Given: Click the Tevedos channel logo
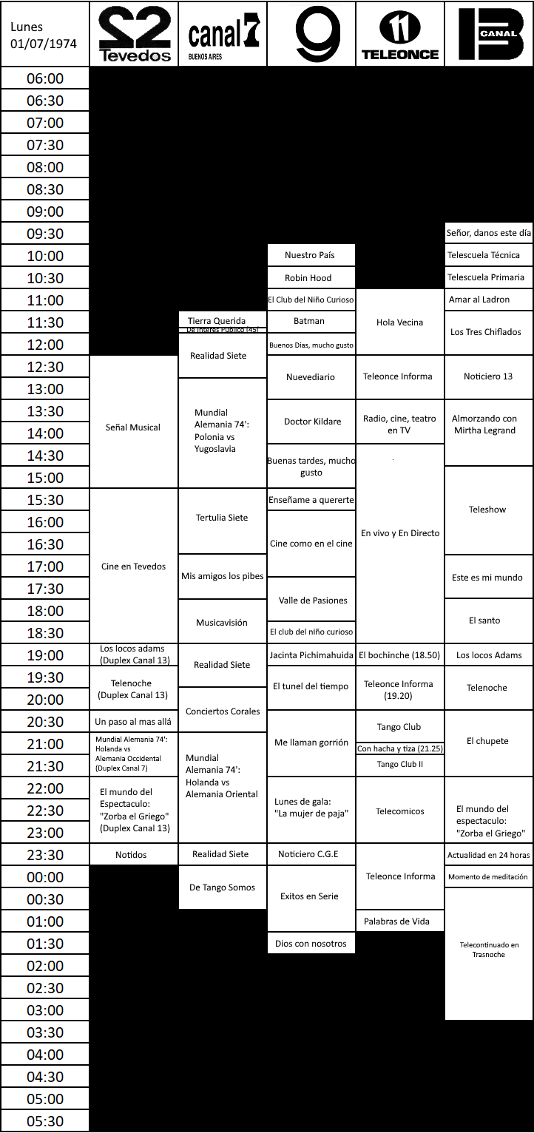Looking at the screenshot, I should tap(134, 34).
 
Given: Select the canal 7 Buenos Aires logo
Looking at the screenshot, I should tap(223, 34).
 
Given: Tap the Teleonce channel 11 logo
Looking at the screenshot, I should tap(400, 34).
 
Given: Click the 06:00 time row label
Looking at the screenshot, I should tap(45, 78).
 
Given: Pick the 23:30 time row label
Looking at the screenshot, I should tap(45, 855).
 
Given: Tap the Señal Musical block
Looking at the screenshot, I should tap(134, 427).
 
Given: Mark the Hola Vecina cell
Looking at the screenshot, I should tap(400, 322).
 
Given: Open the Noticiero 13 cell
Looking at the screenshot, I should tap(488, 376).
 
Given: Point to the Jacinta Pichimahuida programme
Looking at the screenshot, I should tap(311, 655).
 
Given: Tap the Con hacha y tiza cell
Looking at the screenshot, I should tap(400, 748).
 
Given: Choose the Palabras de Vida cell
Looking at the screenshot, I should tap(399, 921).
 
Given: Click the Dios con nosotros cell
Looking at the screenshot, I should tap(311, 943).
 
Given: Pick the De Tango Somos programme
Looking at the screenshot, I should tap(222, 887).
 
